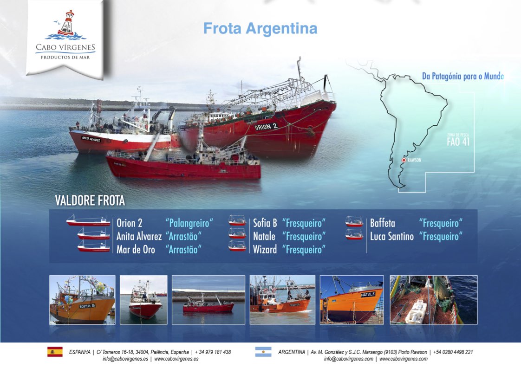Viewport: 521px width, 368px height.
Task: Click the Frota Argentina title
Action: click(x=260, y=29)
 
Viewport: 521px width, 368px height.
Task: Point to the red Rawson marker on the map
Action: click(x=404, y=160)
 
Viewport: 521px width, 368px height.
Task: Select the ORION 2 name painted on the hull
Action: click(x=266, y=127)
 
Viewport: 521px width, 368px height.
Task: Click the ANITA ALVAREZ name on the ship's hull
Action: click(x=91, y=139)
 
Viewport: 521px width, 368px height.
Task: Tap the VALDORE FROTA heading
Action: click(x=90, y=200)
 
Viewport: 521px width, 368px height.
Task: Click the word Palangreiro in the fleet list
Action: click(x=189, y=223)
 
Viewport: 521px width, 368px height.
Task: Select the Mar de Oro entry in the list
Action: click(x=136, y=249)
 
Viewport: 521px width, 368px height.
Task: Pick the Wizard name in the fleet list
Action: click(x=265, y=249)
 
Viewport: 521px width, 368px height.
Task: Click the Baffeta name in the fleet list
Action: click(x=383, y=223)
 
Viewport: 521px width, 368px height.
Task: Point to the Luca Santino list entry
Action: click(x=392, y=237)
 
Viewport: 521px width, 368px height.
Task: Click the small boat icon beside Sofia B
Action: click(x=237, y=220)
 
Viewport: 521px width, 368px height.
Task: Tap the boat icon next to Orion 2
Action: click(x=88, y=220)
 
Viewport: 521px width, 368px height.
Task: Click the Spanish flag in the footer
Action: click(x=55, y=352)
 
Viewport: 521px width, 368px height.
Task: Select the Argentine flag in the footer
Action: click(x=263, y=352)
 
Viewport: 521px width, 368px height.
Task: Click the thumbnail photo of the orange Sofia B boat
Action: click(x=82, y=300)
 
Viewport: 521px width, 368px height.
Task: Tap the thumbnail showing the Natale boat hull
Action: click(x=352, y=300)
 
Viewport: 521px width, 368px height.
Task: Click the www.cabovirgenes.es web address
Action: click(x=176, y=359)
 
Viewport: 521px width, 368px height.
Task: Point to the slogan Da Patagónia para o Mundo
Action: click(x=463, y=77)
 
